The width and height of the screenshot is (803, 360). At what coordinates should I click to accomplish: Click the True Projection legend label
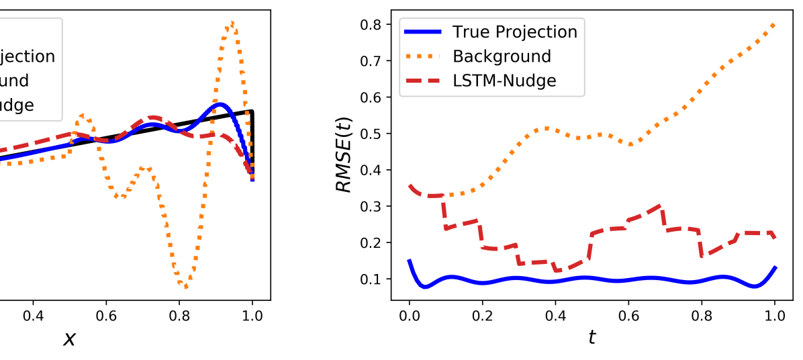click(x=514, y=32)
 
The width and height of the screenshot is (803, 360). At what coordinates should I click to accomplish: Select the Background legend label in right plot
click(x=502, y=56)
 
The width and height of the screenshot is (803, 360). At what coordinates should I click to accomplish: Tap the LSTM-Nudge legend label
click(x=504, y=81)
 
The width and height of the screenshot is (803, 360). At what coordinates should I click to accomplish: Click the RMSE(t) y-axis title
click(x=344, y=154)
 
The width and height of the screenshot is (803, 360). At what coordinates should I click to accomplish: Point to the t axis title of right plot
click(x=592, y=336)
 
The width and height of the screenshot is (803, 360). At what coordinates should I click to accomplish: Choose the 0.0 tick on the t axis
click(x=409, y=315)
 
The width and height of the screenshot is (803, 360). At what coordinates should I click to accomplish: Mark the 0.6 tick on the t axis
click(x=628, y=315)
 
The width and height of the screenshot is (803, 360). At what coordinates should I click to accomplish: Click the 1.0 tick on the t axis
click(x=775, y=315)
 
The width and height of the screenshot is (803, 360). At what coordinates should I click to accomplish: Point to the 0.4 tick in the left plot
click(x=33, y=315)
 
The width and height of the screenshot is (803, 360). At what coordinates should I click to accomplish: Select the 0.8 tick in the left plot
click(x=179, y=315)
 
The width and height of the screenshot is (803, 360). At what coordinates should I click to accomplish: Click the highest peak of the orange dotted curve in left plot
click(x=232, y=23)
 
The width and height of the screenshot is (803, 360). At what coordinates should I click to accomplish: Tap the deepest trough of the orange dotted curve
click(x=186, y=287)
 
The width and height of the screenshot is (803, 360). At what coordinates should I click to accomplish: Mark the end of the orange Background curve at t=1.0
click(x=775, y=25)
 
